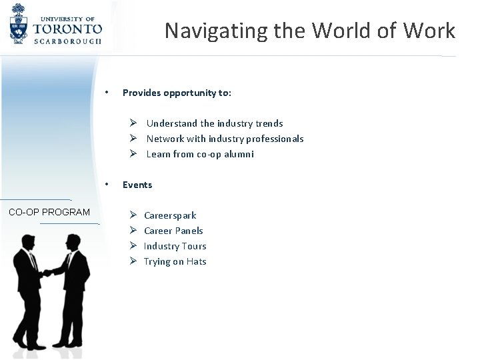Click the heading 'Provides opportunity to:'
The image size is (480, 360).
[x=177, y=93]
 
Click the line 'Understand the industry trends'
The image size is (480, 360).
[x=214, y=123]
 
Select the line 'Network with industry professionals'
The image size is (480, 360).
[x=225, y=139]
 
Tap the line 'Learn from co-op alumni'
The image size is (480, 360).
[x=200, y=154]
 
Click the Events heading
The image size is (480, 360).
[x=137, y=185]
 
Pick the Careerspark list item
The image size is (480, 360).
[x=170, y=215]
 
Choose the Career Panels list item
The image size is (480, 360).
[x=173, y=231]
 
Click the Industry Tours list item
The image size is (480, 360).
[x=175, y=246]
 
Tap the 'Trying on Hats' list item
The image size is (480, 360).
[x=175, y=261]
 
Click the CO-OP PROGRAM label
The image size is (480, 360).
[x=49, y=212]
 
